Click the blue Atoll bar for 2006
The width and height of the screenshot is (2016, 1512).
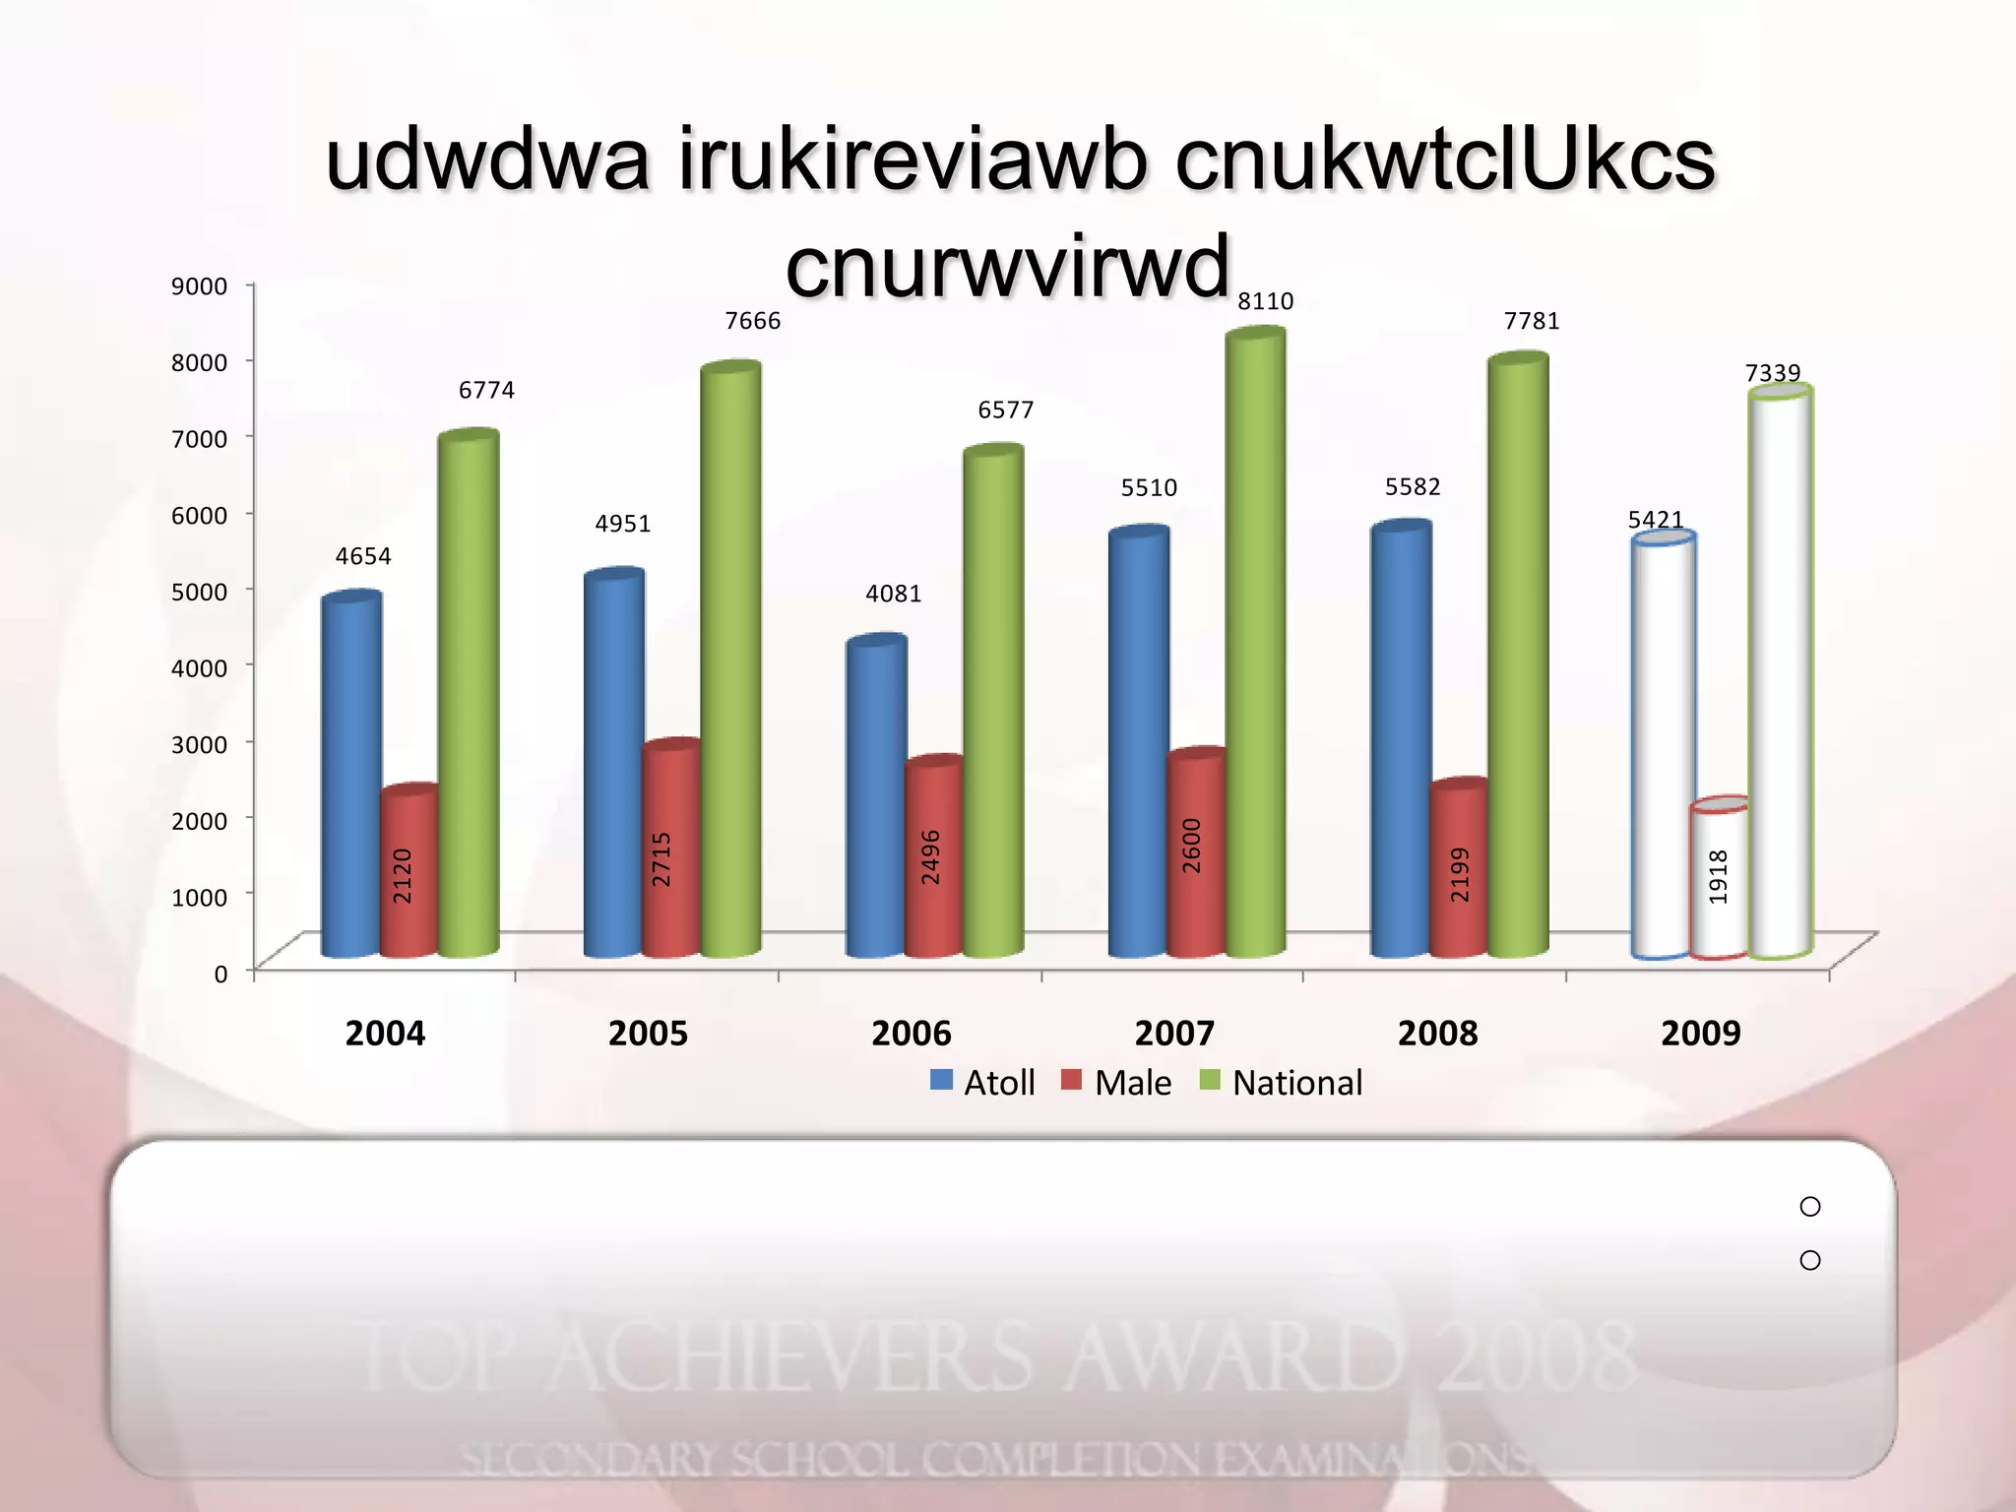pos(875,797)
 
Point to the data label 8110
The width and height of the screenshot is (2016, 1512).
pos(1265,301)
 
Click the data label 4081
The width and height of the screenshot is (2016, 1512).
pos(893,594)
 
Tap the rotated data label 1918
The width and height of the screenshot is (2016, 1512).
pos(1718,876)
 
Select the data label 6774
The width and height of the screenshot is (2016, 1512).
pos(486,391)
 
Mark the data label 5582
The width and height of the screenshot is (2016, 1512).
pos(1413,487)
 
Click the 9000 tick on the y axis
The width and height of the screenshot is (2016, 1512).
pos(199,286)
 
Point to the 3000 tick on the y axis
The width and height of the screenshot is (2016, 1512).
pos(199,744)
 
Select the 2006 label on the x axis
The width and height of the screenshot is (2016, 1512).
pos(911,1034)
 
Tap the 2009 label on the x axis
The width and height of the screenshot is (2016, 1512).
pos(1700,1034)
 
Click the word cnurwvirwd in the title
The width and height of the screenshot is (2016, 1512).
pos(1007,266)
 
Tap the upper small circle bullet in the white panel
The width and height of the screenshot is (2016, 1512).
pos(1809,1207)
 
